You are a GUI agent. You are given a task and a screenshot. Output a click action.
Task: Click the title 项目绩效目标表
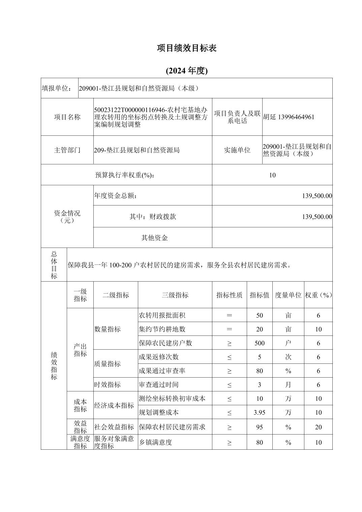(186, 48)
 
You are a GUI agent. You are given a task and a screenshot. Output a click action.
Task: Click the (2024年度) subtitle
(186, 70)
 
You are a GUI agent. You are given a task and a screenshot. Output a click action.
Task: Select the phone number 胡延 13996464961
(289, 117)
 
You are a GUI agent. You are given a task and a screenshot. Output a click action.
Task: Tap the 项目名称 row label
(67, 117)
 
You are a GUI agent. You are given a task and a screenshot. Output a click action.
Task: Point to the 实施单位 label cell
(237, 150)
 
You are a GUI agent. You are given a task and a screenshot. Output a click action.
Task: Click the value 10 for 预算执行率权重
(272, 175)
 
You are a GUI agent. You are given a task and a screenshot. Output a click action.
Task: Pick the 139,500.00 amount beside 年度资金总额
(317, 196)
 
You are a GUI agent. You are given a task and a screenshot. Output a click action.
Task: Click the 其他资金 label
(154, 238)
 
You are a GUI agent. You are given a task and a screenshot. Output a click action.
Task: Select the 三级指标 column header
(175, 295)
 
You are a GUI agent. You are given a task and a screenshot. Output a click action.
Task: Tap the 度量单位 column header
(288, 295)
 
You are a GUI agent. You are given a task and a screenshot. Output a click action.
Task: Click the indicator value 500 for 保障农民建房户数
(259, 343)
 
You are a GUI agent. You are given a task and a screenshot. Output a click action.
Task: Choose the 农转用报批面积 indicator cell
(162, 315)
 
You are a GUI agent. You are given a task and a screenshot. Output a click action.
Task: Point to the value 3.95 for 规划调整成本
(259, 412)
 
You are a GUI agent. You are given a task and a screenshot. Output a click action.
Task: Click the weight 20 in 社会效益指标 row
(318, 427)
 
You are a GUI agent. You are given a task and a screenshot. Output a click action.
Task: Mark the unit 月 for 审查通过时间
(288, 385)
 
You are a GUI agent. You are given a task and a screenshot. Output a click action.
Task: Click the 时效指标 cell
(107, 385)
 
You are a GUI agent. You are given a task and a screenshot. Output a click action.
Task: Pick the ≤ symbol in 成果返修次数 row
(229, 357)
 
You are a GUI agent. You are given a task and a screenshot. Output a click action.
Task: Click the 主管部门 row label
(67, 150)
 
